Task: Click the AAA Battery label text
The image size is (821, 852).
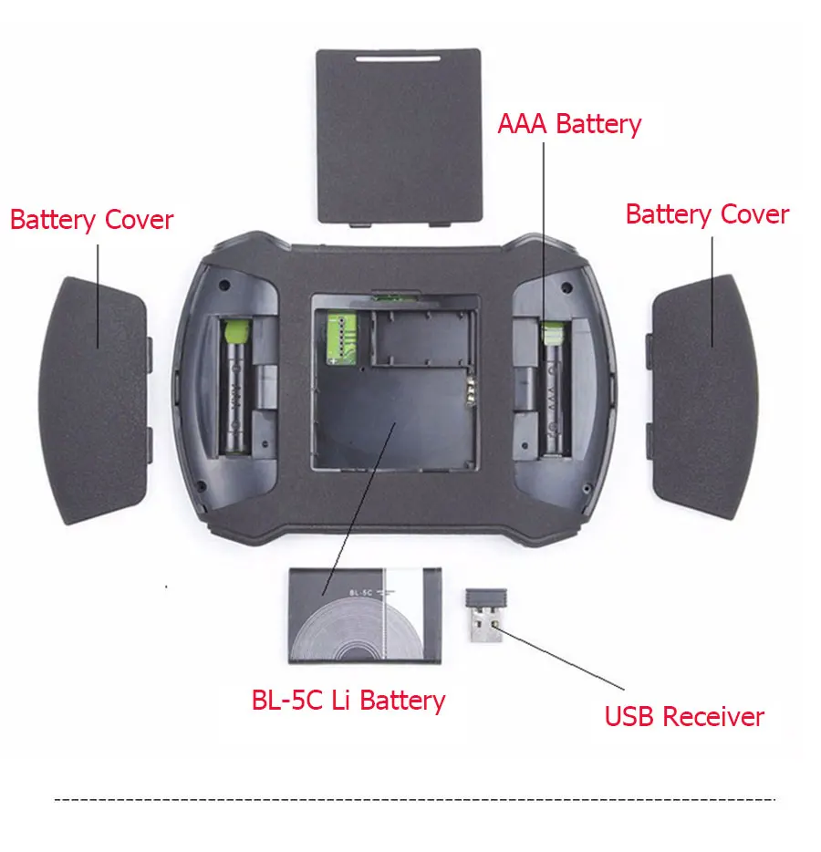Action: pos(569,124)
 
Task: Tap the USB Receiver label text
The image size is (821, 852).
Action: pos(684,717)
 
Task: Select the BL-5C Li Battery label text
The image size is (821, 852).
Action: pos(348,701)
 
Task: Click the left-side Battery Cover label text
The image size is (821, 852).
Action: pos(91,220)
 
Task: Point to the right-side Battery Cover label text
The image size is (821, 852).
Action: pos(707,214)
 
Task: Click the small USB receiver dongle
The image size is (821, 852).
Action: pos(485,615)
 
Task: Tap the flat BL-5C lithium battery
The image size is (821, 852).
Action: pos(365,616)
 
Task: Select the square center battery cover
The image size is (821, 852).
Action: pos(399,136)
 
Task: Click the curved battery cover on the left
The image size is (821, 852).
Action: pos(95,400)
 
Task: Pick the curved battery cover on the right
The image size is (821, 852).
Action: pos(702,397)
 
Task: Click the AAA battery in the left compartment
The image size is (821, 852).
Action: pos(235,386)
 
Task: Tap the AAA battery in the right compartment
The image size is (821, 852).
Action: pos(555,388)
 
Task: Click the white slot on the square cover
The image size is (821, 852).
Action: pos(399,57)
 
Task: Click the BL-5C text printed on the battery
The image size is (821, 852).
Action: pos(360,593)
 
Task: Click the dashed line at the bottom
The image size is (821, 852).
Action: pos(414,799)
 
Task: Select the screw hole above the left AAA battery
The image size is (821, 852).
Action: pos(225,285)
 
